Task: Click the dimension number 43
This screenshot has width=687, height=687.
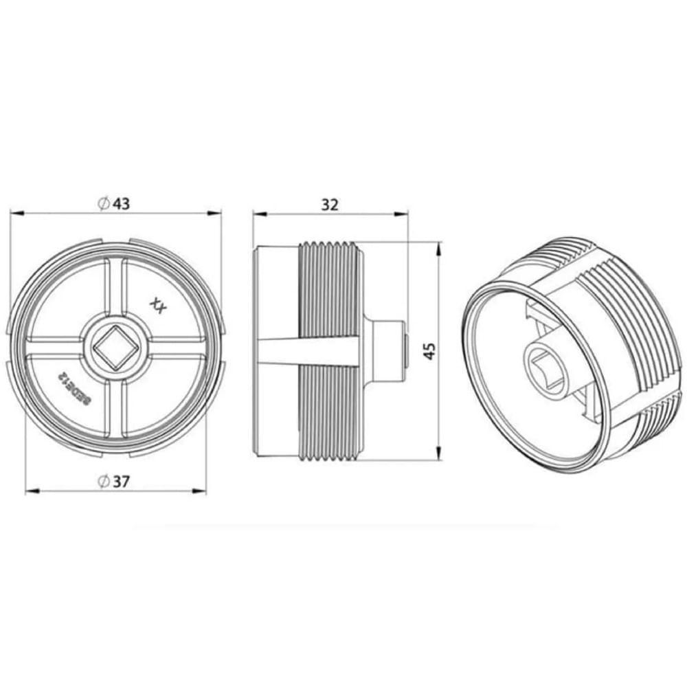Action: point(122,204)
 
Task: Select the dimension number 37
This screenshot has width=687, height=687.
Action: point(122,482)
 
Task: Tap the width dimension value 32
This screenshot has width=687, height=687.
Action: point(330,204)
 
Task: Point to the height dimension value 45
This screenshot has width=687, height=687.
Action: point(429,351)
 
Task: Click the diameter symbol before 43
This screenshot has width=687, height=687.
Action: point(103,204)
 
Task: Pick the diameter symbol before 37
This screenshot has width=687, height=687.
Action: point(103,482)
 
